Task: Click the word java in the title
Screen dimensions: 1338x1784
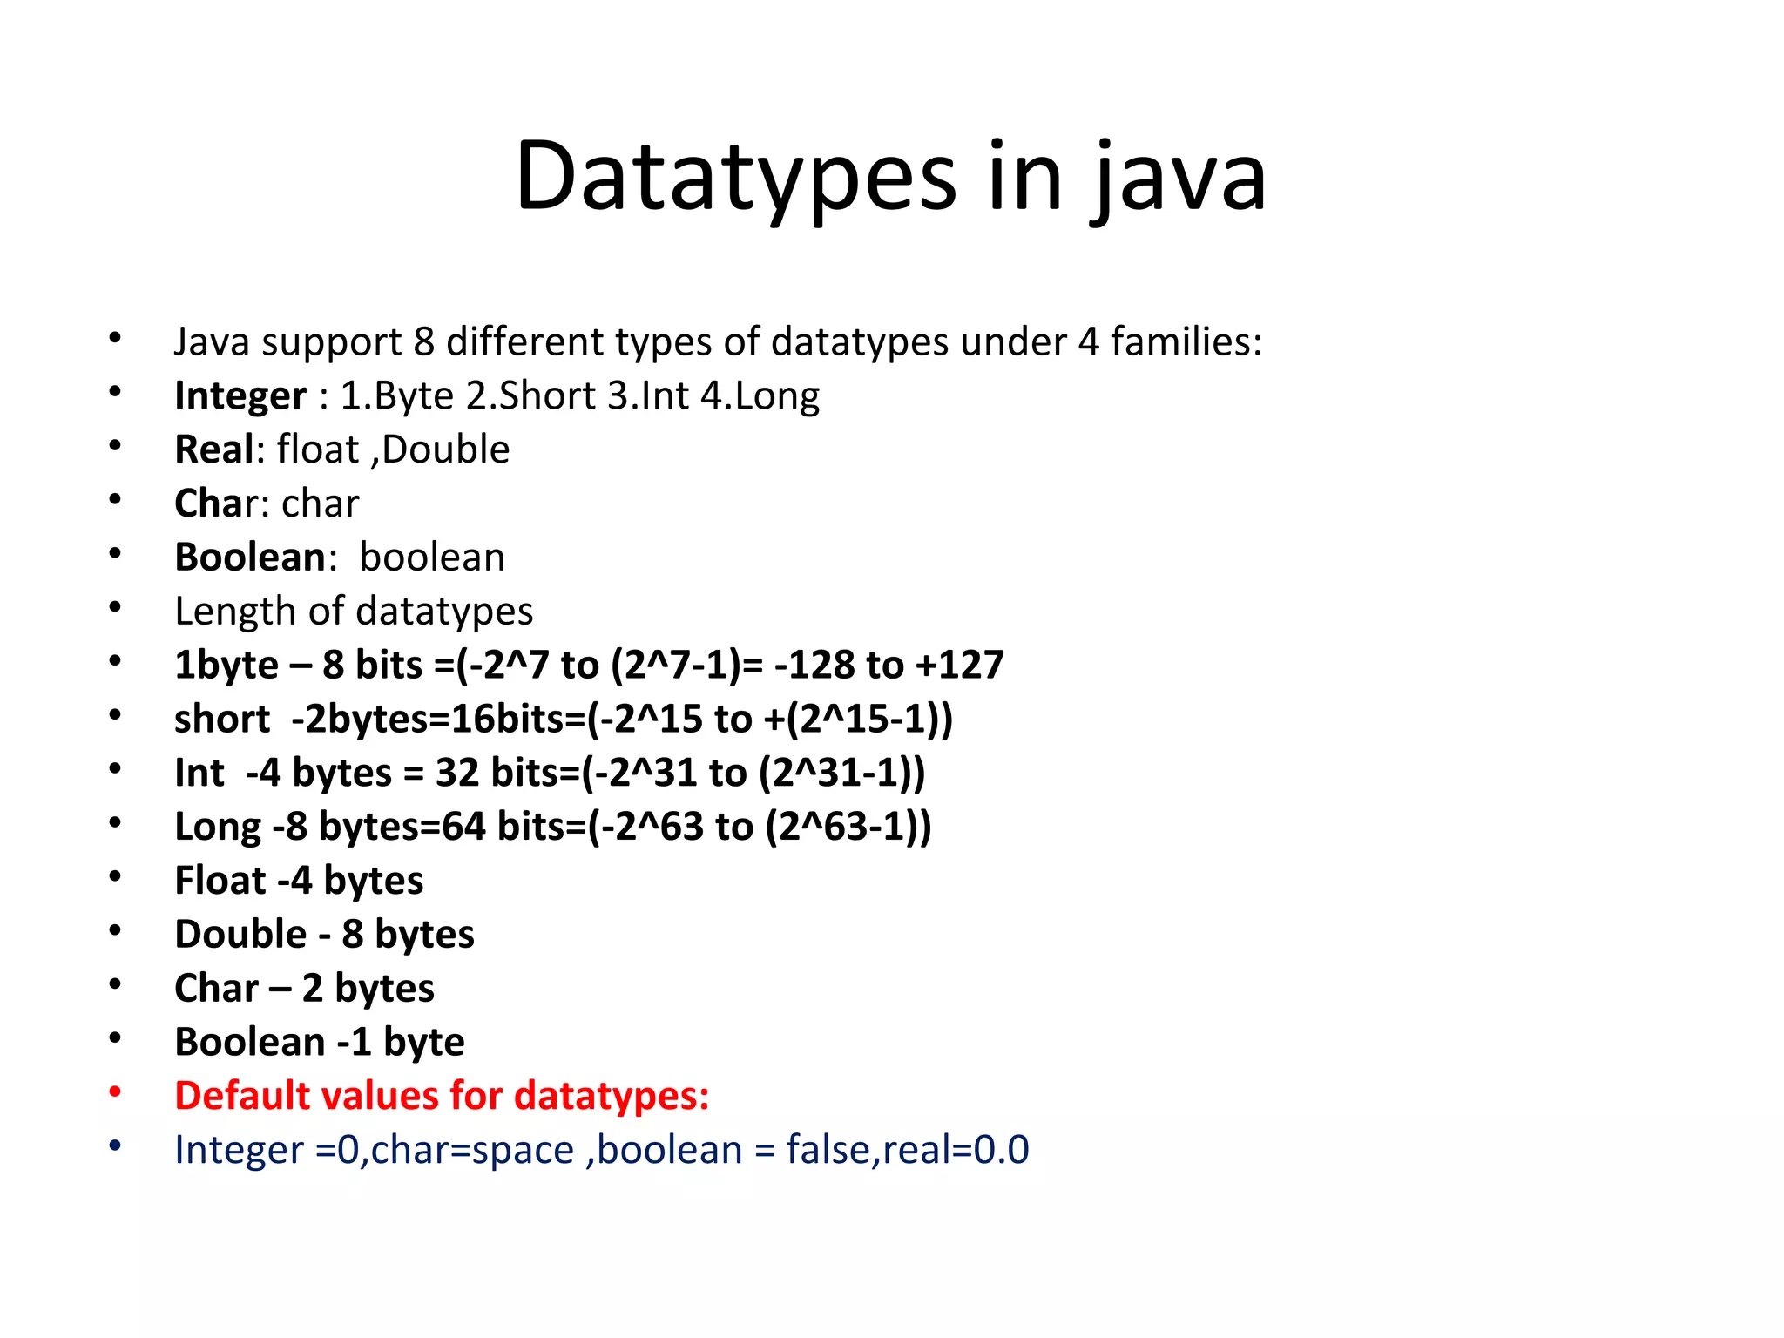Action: pos(1178,179)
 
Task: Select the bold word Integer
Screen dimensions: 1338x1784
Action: pos(240,396)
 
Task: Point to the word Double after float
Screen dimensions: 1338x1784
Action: pos(445,449)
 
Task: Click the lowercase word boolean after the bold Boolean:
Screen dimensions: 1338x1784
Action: pos(432,557)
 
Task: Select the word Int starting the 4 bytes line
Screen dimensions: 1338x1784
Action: pos(199,774)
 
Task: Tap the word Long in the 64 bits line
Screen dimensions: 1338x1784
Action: pos(218,827)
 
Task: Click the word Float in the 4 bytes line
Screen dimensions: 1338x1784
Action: pos(220,881)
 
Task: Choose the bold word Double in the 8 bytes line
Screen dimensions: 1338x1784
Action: pos(240,935)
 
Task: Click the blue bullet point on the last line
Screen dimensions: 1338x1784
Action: pos(115,1146)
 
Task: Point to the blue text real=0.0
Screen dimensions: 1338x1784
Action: pos(956,1150)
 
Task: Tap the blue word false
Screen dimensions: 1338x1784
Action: pos(832,1150)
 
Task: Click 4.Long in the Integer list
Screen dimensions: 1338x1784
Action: pos(760,396)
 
